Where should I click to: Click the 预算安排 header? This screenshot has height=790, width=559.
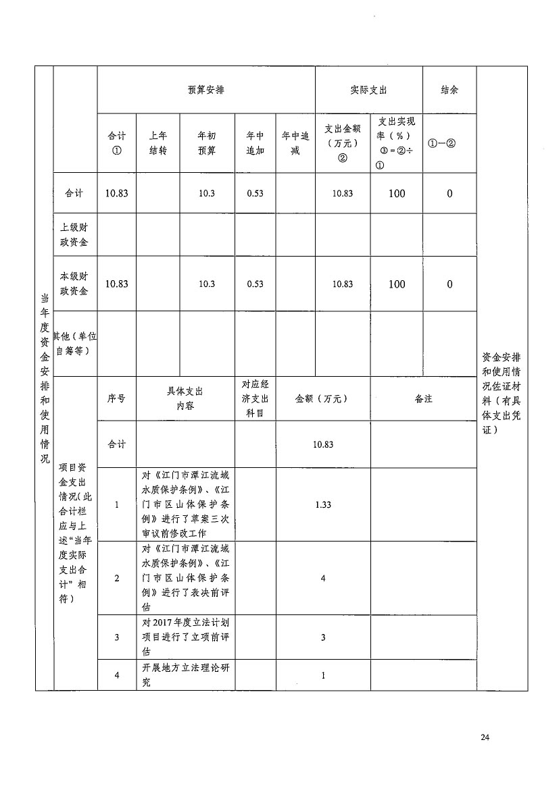(x=206, y=90)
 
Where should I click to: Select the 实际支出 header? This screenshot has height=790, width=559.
(x=368, y=90)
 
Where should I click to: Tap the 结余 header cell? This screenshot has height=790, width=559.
(x=449, y=90)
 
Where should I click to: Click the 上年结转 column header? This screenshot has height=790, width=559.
(x=158, y=143)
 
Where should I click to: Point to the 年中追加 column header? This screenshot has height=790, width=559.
(x=255, y=143)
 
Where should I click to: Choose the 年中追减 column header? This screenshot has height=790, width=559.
(x=295, y=143)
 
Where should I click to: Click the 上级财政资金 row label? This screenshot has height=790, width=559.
(x=74, y=235)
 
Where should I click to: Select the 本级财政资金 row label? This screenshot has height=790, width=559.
(x=74, y=284)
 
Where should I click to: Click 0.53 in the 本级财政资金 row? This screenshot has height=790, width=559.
(x=255, y=284)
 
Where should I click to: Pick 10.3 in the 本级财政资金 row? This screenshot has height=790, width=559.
(x=207, y=284)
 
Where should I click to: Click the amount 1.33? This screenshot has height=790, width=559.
(x=323, y=504)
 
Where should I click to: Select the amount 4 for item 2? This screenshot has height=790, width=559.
(x=323, y=578)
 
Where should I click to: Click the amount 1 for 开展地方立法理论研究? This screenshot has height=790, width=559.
(x=323, y=675)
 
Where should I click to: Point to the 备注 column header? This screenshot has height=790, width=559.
(x=423, y=399)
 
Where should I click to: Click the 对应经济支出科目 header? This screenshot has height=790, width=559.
(x=255, y=398)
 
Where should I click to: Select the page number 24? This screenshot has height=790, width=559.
(x=485, y=737)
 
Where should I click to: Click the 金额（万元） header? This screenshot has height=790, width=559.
(x=323, y=399)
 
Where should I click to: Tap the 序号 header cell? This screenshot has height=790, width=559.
(x=116, y=399)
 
